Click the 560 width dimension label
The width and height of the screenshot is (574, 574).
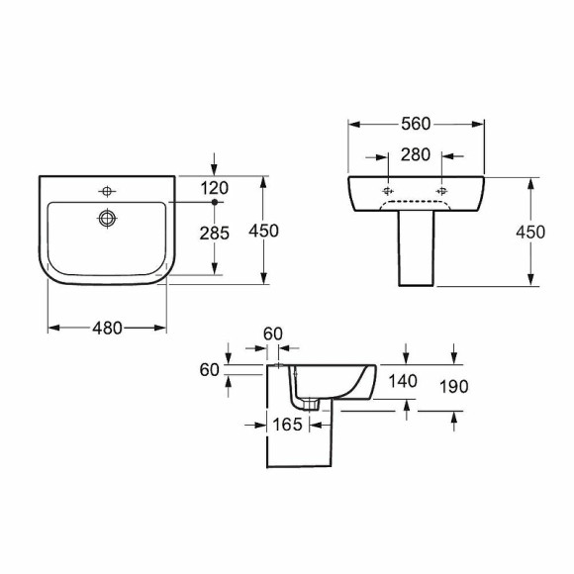pos(416,124)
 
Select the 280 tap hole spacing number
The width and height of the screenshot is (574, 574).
pos(415,154)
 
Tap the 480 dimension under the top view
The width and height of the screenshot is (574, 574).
pos(107,328)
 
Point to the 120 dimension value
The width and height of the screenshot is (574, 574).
pos(215,188)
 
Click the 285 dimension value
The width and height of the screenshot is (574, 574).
pos(215,234)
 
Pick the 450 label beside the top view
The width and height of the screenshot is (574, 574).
pos(263,231)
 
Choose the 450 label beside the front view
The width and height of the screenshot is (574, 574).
pos(530,233)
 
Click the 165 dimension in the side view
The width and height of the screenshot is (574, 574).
pos(288,425)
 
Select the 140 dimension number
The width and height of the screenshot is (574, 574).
pos(403,381)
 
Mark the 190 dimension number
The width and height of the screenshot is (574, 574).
pos(453,387)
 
